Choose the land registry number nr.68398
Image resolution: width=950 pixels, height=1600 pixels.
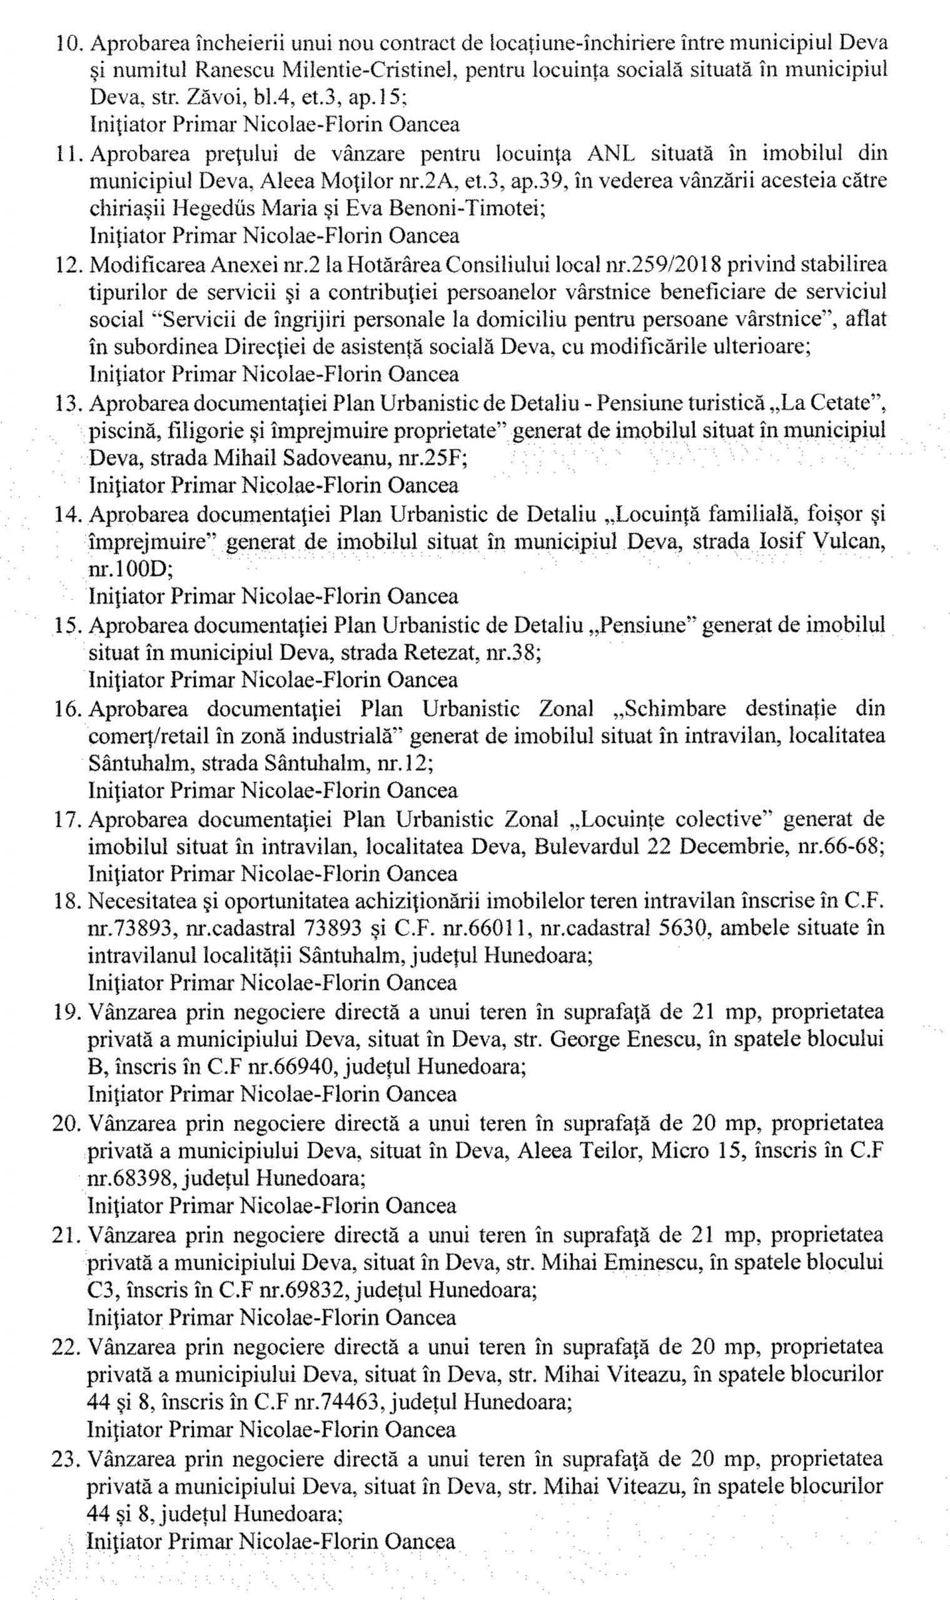click(x=126, y=1177)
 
